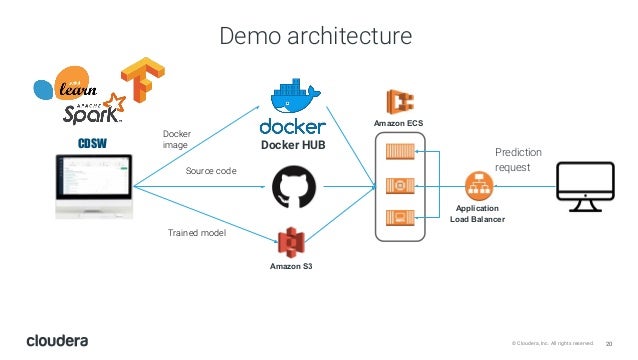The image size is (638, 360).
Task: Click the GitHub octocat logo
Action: click(292, 187)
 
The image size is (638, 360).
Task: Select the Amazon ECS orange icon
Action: click(400, 102)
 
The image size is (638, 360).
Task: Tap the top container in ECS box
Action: click(399, 154)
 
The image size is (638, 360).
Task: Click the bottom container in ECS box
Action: click(399, 217)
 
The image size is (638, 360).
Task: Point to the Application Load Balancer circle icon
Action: click(477, 186)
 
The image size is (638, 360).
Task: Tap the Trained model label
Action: click(197, 232)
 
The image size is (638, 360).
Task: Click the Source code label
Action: click(211, 171)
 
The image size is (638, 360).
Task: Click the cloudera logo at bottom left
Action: click(57, 340)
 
